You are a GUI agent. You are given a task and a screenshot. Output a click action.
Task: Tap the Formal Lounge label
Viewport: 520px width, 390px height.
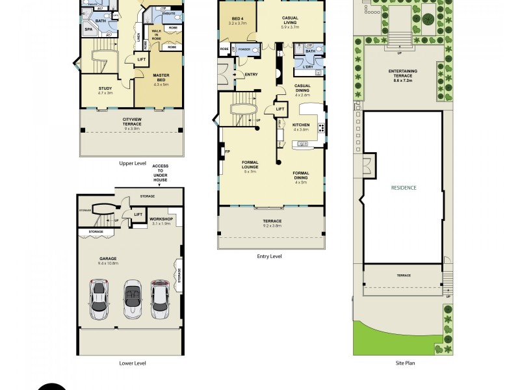click(250, 165)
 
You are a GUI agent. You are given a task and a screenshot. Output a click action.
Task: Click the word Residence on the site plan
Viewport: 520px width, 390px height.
click(403, 187)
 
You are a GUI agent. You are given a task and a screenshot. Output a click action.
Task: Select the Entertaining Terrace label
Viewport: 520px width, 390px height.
click(402, 73)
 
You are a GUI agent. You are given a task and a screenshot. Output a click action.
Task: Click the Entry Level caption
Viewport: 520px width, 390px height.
click(269, 256)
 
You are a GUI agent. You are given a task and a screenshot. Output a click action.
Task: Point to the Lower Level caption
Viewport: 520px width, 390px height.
click(132, 363)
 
